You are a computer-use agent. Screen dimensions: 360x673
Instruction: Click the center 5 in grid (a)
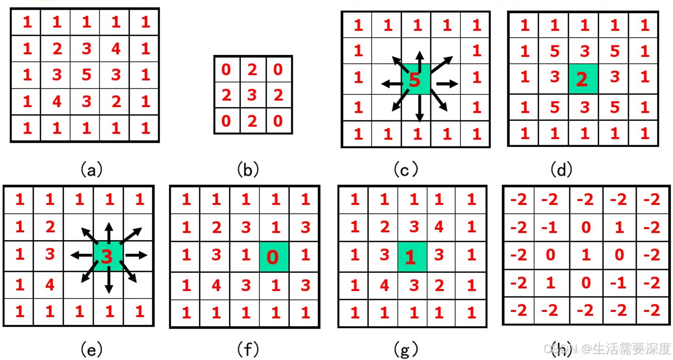pyautogui.click(x=86, y=75)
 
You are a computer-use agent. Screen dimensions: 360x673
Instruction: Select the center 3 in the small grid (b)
pyautogui.click(x=252, y=95)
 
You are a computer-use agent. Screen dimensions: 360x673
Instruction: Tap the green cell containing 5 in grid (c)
pyautogui.click(x=415, y=79)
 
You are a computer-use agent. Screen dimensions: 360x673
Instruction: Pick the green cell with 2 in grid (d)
pyautogui.click(x=582, y=79)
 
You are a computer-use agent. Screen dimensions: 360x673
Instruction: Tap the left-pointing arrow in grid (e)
pyautogui.click(x=81, y=255)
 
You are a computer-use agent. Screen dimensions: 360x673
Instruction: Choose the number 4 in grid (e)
pyautogui.click(x=49, y=284)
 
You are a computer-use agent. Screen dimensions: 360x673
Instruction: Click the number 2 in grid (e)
pyautogui.click(x=49, y=226)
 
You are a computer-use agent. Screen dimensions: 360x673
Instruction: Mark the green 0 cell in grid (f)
pyautogui.click(x=274, y=256)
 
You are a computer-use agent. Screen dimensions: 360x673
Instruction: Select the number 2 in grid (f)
pyautogui.click(x=216, y=227)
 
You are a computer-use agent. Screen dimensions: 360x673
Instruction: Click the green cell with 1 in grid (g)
pyautogui.click(x=412, y=256)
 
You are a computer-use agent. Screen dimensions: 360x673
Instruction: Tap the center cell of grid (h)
pyautogui.click(x=585, y=255)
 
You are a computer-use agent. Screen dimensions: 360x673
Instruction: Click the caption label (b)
pyautogui.click(x=248, y=169)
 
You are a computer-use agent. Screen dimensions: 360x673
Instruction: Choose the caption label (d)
pyautogui.click(x=561, y=169)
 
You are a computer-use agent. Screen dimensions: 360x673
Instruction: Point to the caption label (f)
pyautogui.click(x=248, y=349)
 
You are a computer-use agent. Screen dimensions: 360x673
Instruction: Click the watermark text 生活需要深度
pyautogui.click(x=631, y=349)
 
